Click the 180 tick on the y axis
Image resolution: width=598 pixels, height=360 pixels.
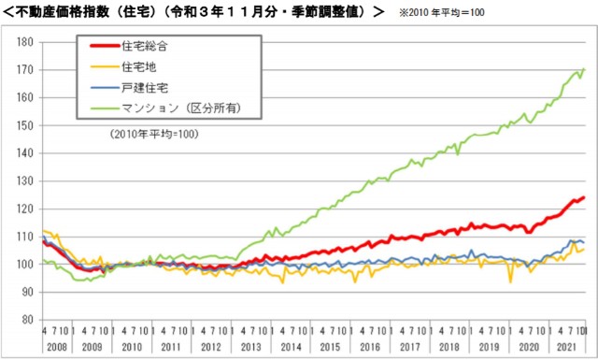coord(25,43)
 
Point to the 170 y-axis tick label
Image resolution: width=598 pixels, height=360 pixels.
coord(25,70)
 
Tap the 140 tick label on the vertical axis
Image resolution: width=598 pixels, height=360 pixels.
coord(25,153)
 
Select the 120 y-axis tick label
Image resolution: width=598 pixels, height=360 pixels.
coord(25,209)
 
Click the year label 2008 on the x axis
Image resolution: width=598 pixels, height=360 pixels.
coord(57,346)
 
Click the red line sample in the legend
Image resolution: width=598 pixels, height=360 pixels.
coord(102,46)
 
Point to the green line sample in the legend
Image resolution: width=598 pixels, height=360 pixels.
coord(102,108)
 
